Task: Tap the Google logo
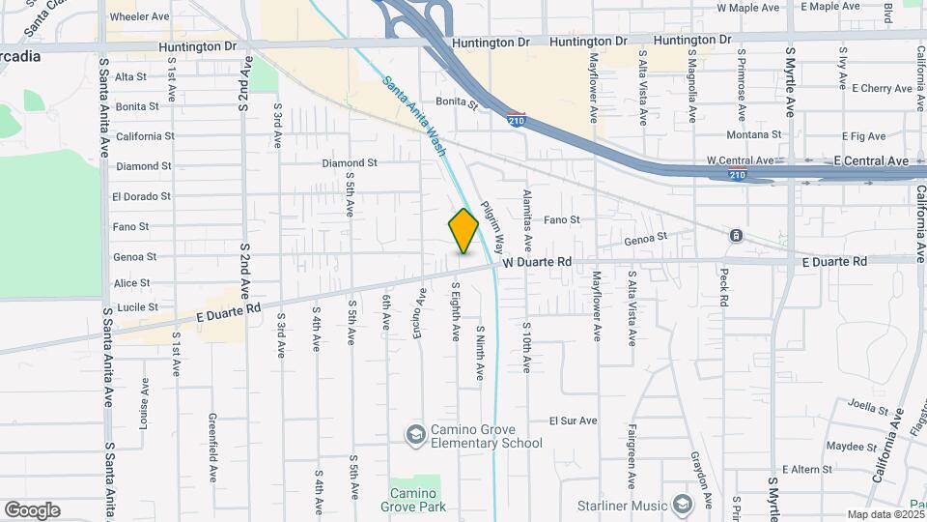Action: point(32,510)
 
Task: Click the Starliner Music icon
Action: point(683,505)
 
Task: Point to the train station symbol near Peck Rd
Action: point(736,236)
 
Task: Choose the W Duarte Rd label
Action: point(537,262)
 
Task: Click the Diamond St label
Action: point(350,163)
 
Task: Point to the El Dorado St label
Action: point(141,196)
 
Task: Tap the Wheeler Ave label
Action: point(140,17)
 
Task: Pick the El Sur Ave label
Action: point(574,420)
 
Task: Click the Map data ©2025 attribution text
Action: point(885,514)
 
